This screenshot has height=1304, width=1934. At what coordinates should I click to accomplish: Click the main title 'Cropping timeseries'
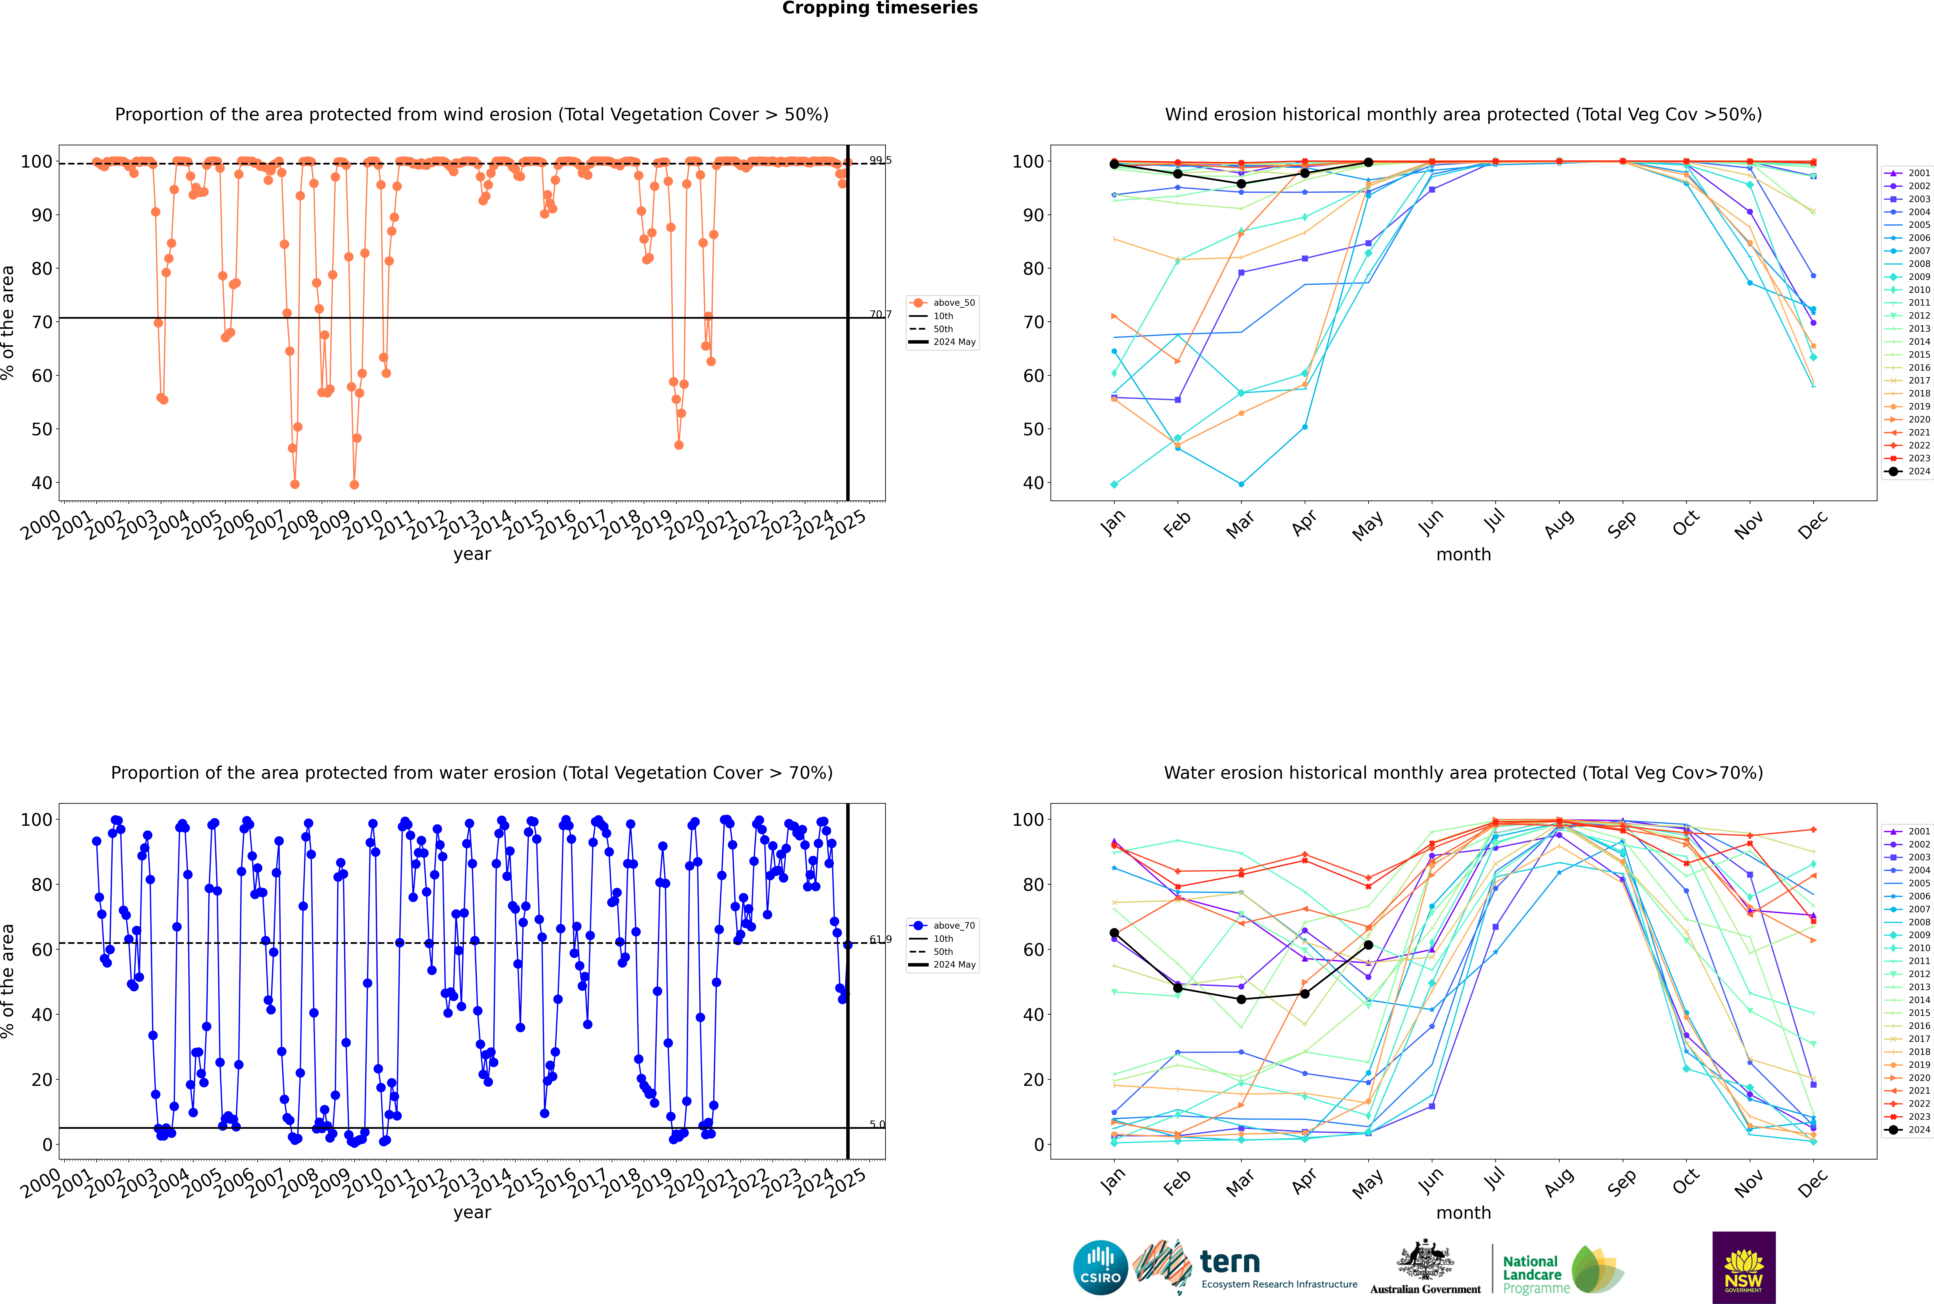coord(880,8)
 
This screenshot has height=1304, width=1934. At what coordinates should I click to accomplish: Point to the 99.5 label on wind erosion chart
coord(880,161)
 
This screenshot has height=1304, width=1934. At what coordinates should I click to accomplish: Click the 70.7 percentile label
coord(880,314)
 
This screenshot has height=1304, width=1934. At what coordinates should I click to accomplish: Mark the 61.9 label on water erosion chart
coord(880,940)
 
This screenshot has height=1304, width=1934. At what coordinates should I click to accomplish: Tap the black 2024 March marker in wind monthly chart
coord(1241,184)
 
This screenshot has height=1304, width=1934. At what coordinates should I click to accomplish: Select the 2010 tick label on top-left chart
coord(363,526)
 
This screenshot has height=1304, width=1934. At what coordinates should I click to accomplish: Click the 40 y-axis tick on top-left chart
coord(41,483)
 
